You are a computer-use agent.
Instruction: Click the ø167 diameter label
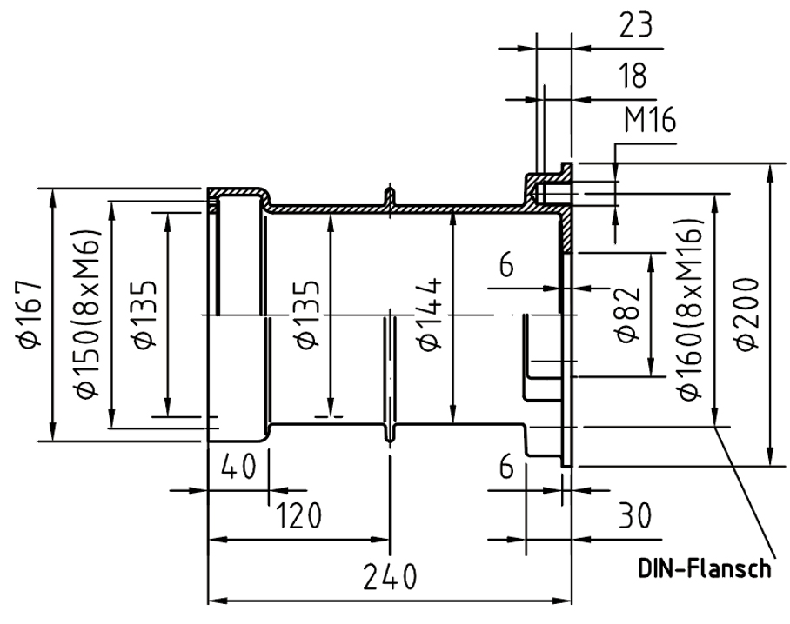30,314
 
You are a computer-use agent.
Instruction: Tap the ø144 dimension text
431,314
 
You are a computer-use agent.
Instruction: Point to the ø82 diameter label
628,315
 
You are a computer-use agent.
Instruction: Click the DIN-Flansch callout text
704,568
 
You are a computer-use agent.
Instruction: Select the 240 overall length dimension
390,577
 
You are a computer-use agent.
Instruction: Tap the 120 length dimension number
298,515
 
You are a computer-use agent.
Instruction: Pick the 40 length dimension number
238,466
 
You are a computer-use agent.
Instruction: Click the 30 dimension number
635,515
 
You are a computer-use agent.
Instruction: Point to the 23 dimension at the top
635,25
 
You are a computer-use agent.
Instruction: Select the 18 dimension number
633,76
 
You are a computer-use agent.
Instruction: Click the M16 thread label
650,120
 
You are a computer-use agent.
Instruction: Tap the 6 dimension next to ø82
506,264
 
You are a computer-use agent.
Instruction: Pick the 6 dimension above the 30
506,466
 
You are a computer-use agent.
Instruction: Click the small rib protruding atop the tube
390,196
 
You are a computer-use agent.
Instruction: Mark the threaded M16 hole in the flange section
548,193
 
